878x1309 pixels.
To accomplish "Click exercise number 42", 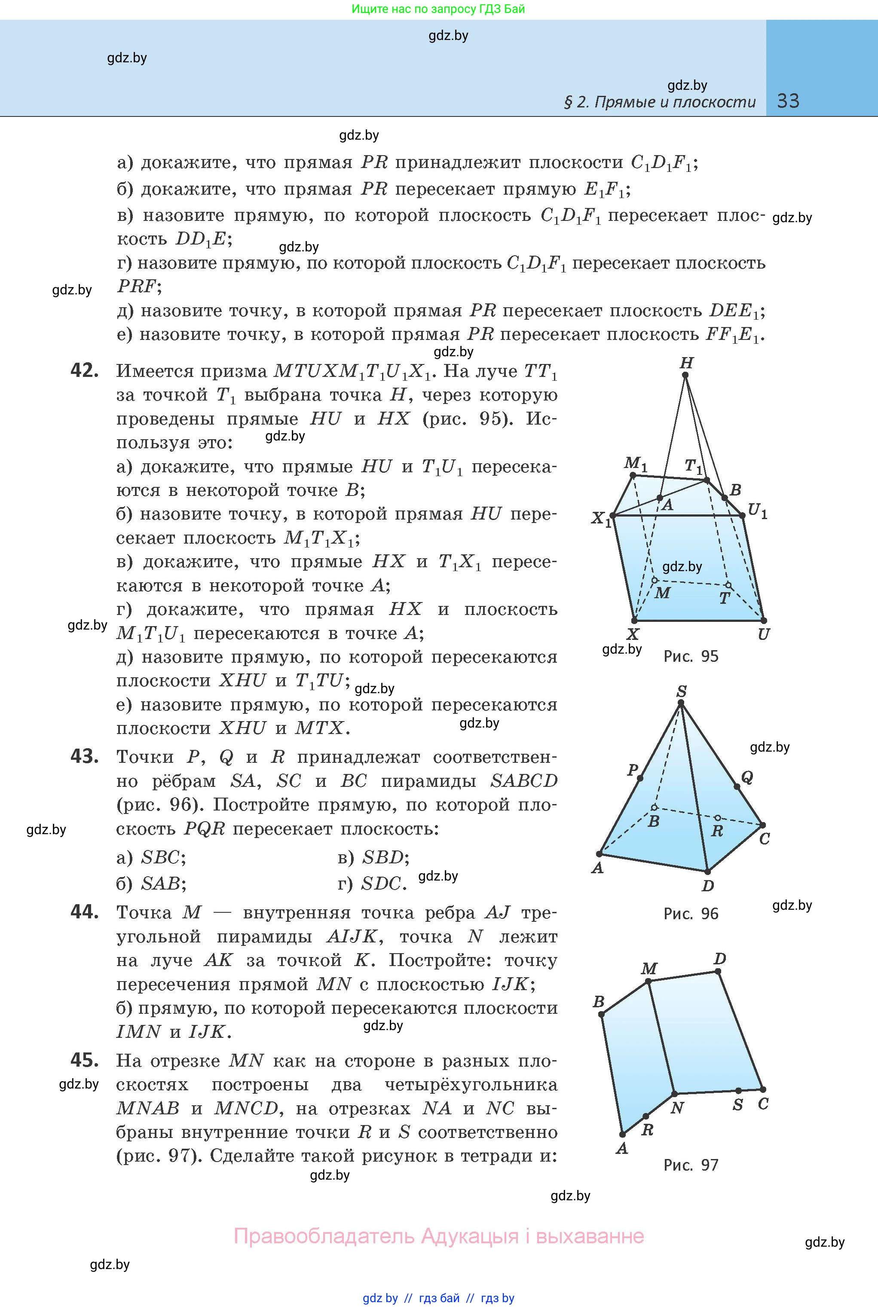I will pyautogui.click(x=85, y=370).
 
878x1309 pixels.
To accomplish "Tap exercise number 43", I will pyautogui.click(x=85, y=756).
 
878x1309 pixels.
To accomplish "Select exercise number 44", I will pyautogui.click(x=85, y=911).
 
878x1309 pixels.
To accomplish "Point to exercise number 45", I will pyautogui.click(x=85, y=1060).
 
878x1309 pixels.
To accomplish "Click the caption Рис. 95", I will pyautogui.click(x=691, y=656).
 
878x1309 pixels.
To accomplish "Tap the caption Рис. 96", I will pyautogui.click(x=691, y=914).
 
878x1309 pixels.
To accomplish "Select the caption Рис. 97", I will pyautogui.click(x=691, y=1165).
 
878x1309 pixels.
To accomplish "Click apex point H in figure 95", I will pyautogui.click(x=685, y=375).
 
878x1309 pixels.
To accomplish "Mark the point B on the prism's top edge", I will pyautogui.click(x=725, y=498).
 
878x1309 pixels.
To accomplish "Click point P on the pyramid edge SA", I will pyautogui.click(x=640, y=778).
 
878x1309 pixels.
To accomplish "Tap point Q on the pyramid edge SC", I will pyautogui.click(x=737, y=786).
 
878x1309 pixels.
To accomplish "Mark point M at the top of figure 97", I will pyautogui.click(x=649, y=981).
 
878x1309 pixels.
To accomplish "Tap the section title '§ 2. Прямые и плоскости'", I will pyautogui.click(x=659, y=102).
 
